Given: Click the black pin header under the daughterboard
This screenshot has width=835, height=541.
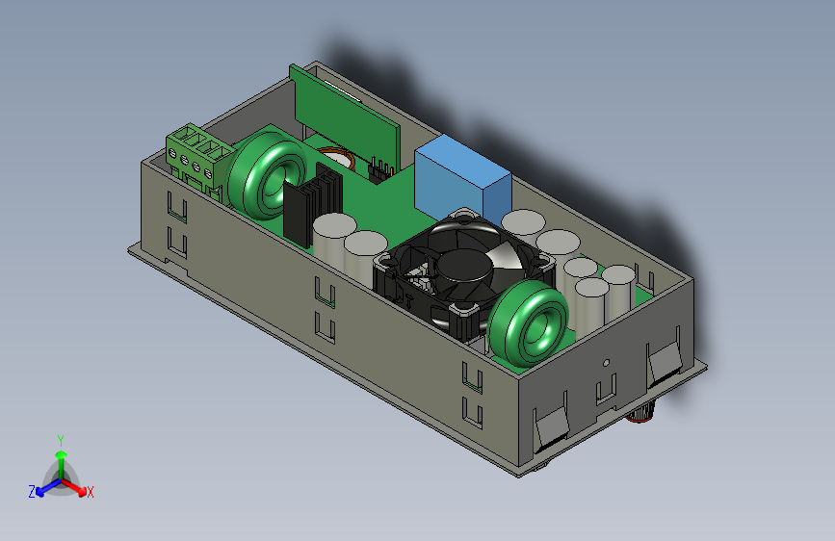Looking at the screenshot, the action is coord(380,171).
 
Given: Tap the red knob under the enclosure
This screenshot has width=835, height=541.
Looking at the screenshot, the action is coord(640,413).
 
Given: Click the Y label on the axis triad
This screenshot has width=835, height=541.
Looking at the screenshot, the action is coord(61,441).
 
